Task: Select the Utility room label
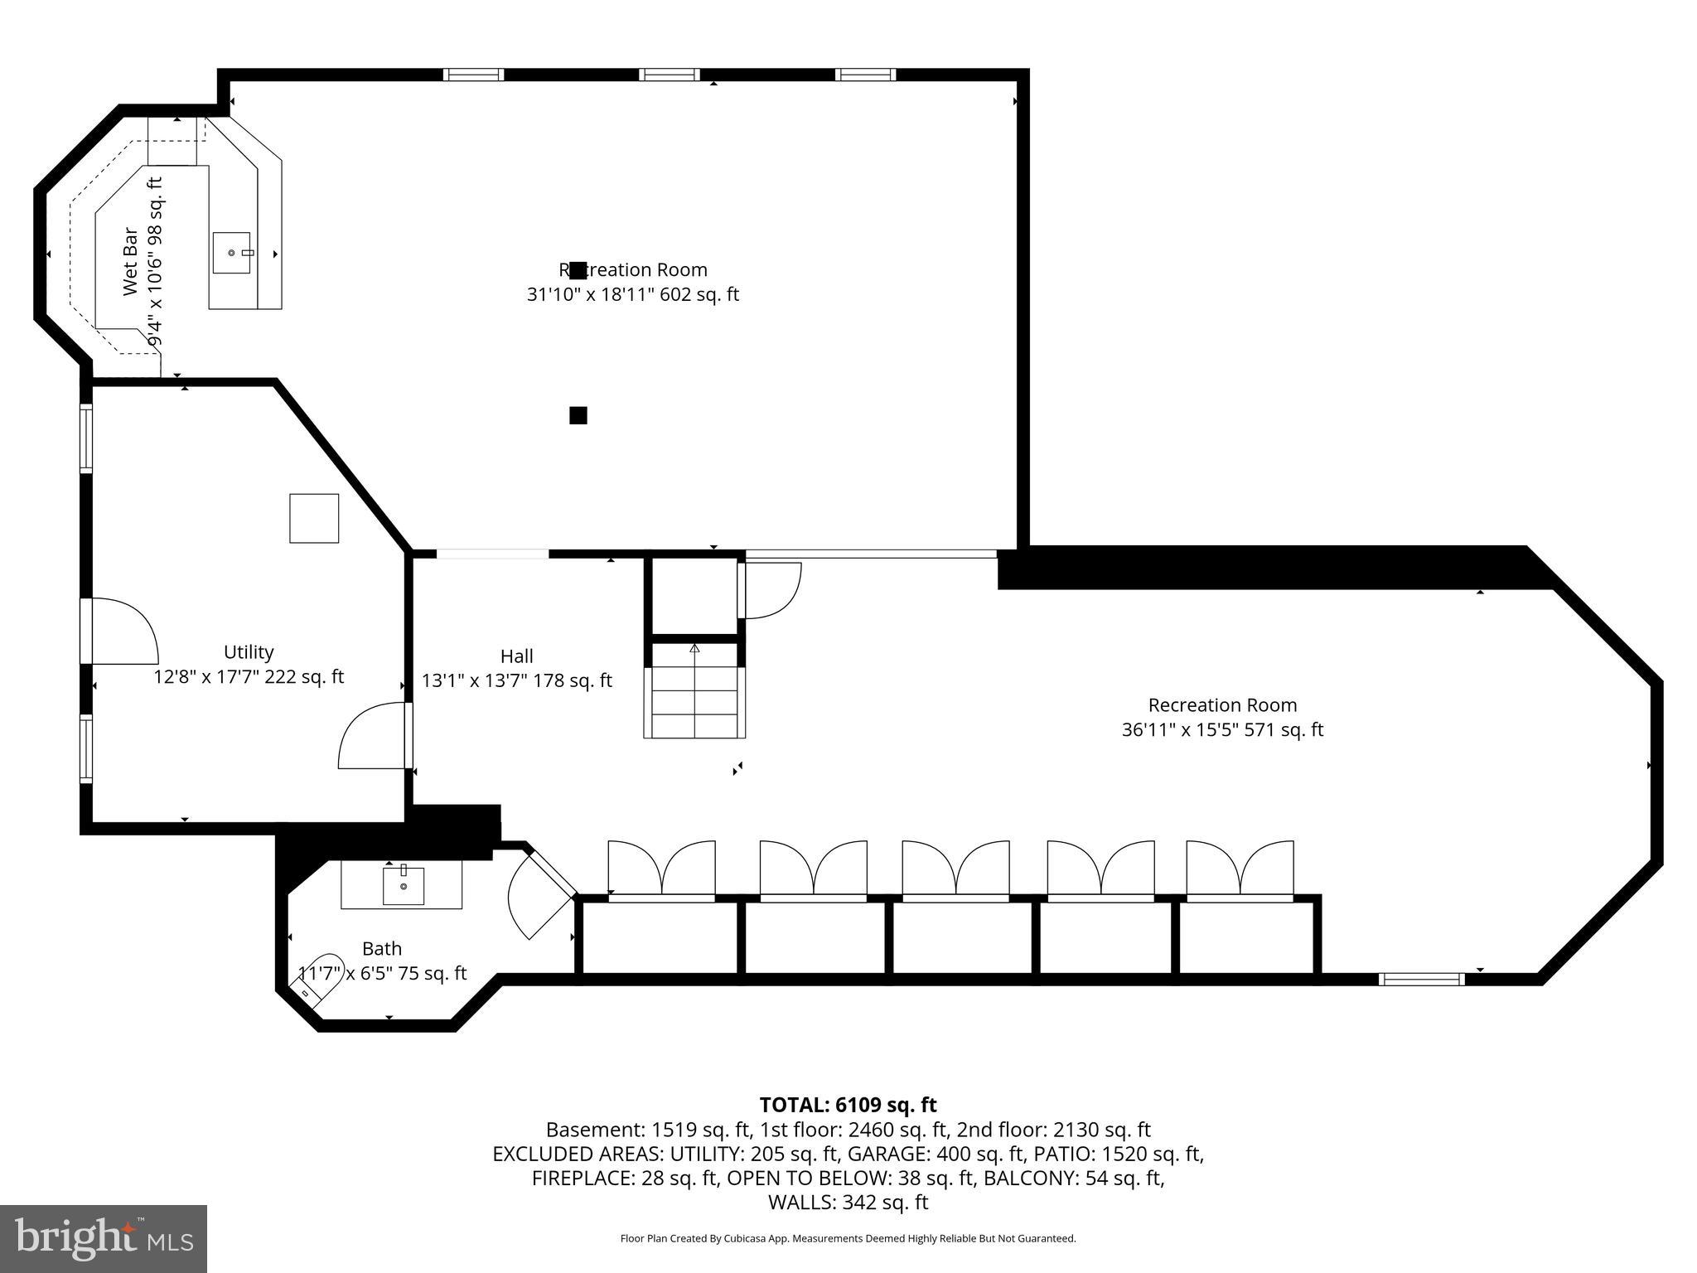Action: click(248, 652)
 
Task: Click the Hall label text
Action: click(516, 656)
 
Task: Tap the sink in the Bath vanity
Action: click(404, 886)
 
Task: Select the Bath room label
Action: click(382, 948)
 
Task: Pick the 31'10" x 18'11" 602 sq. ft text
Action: click(633, 294)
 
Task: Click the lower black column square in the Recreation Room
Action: click(578, 415)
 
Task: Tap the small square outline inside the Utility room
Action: click(314, 518)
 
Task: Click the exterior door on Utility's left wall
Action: click(120, 632)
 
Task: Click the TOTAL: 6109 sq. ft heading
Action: click(848, 1105)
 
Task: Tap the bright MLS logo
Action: click(104, 1238)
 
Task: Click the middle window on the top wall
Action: click(669, 75)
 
